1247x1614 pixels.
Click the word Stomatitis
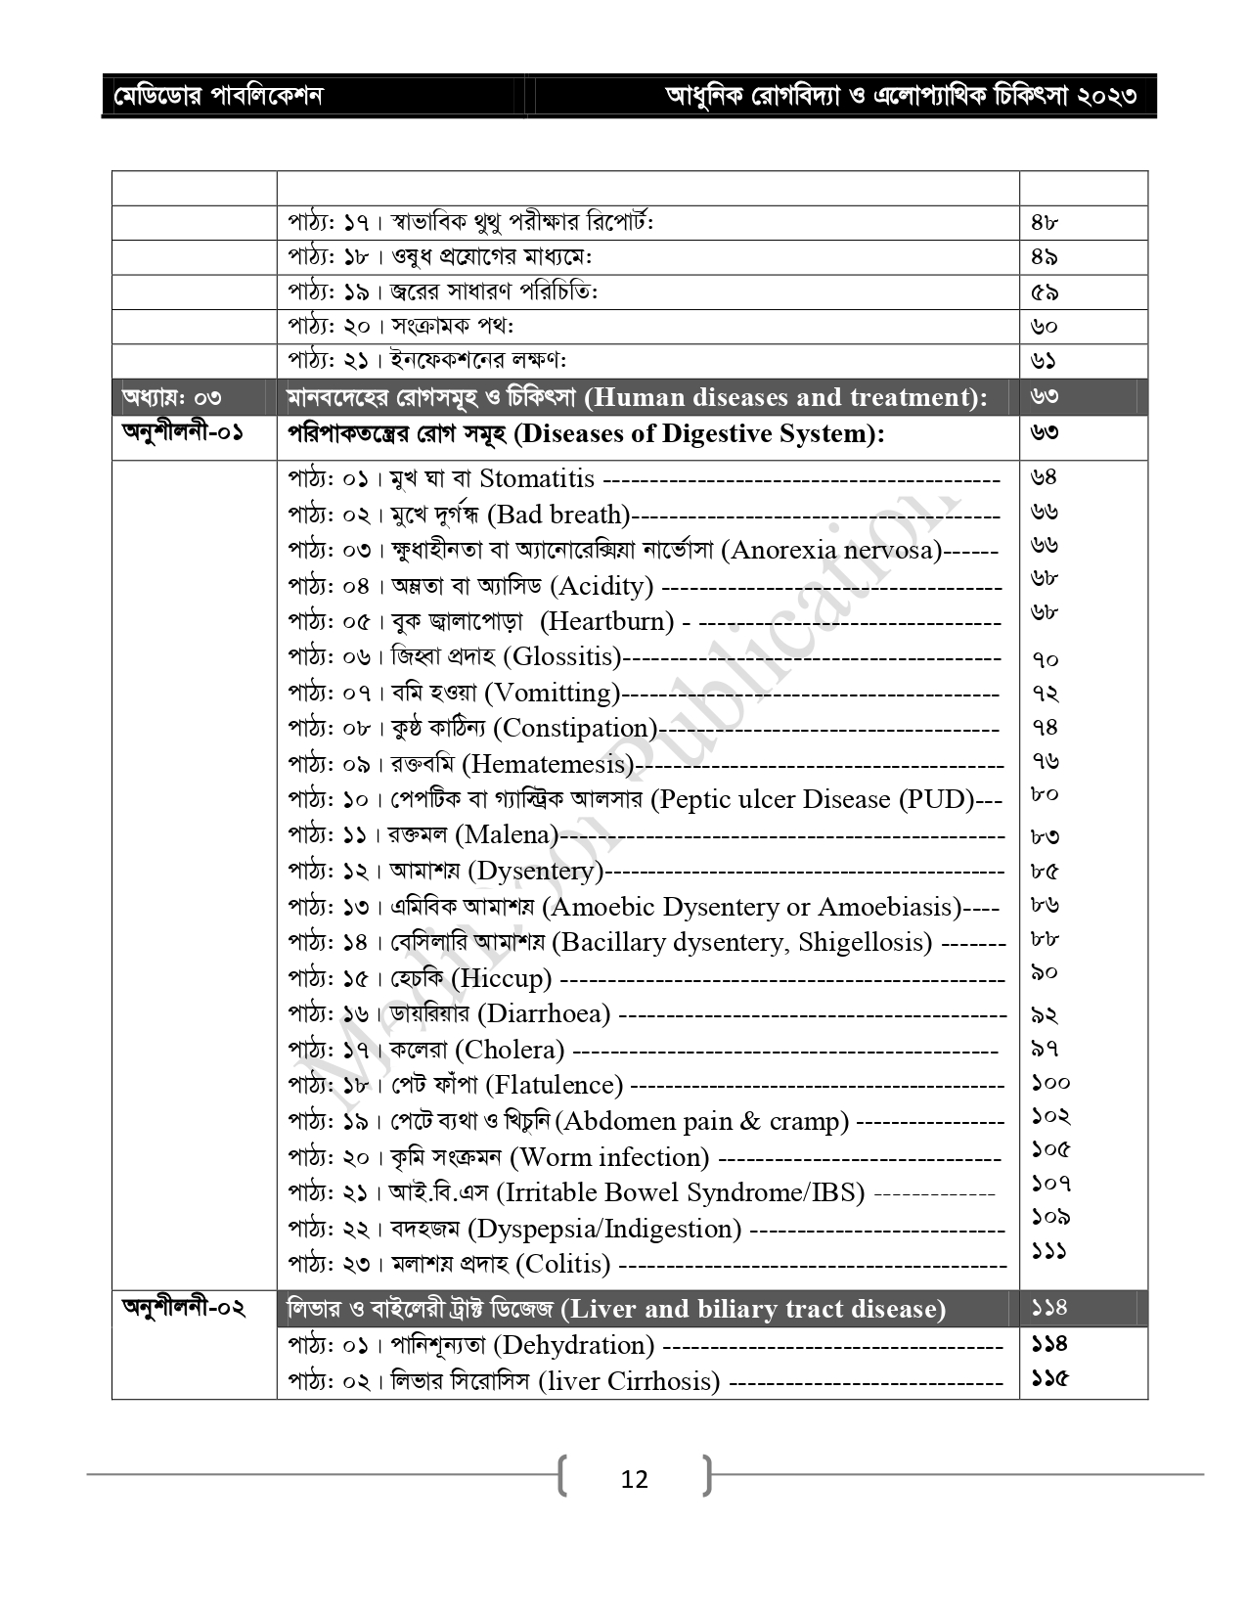click(x=536, y=479)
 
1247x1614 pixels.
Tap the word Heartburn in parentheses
click(x=607, y=622)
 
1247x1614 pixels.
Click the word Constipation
click(x=575, y=729)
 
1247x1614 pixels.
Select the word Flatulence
click(x=554, y=1086)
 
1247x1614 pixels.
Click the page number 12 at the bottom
click(x=634, y=1479)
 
